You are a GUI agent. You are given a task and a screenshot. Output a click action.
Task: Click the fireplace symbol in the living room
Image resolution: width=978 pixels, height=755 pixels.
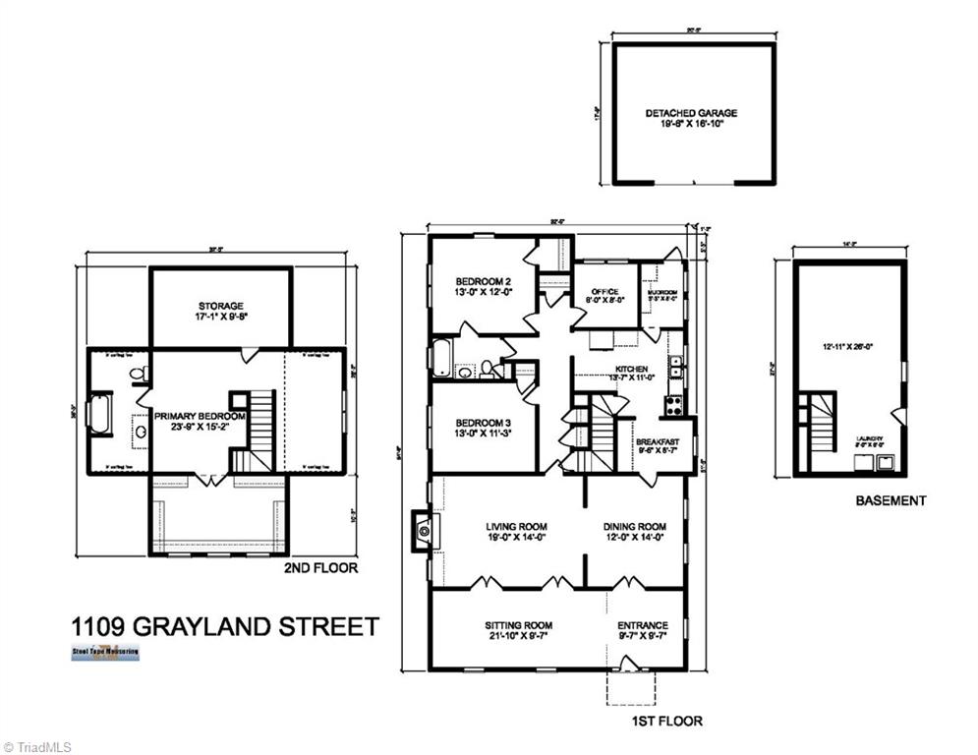(424, 532)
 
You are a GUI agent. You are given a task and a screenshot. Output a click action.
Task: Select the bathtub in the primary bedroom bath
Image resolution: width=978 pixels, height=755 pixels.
(101, 413)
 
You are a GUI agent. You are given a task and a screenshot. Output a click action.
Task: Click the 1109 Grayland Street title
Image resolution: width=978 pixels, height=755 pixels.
(224, 626)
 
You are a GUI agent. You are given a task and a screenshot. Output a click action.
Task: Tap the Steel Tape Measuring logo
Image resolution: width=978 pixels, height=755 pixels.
(105, 653)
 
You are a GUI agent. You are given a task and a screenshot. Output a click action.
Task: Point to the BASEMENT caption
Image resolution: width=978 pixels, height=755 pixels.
(890, 500)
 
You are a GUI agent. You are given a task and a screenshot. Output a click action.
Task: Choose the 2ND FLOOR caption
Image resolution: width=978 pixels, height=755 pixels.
(320, 568)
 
